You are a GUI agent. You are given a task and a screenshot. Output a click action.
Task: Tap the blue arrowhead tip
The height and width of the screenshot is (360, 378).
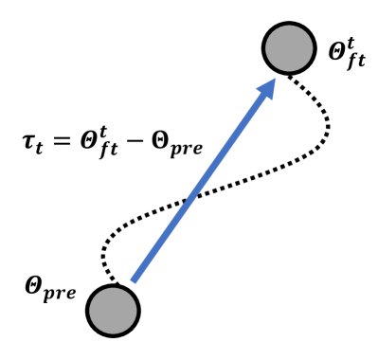(274, 80)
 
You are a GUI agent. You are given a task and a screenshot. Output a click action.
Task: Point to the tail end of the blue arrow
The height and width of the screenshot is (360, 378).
(133, 280)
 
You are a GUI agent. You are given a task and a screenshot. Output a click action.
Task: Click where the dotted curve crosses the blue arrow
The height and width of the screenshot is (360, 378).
(189, 200)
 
